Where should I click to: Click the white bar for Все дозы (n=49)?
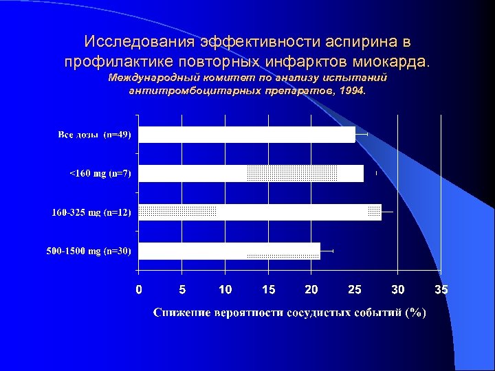[247, 135]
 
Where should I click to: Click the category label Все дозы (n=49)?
[95, 135]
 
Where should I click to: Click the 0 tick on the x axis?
[139, 290]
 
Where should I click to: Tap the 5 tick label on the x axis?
[182, 290]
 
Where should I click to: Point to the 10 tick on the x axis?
[225, 290]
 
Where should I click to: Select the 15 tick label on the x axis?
[268, 290]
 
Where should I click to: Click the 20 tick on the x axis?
[311, 290]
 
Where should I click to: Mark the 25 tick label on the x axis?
[355, 290]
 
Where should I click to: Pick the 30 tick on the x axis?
[398, 290]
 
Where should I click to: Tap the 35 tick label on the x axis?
[441, 290]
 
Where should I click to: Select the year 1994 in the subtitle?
[353, 90]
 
